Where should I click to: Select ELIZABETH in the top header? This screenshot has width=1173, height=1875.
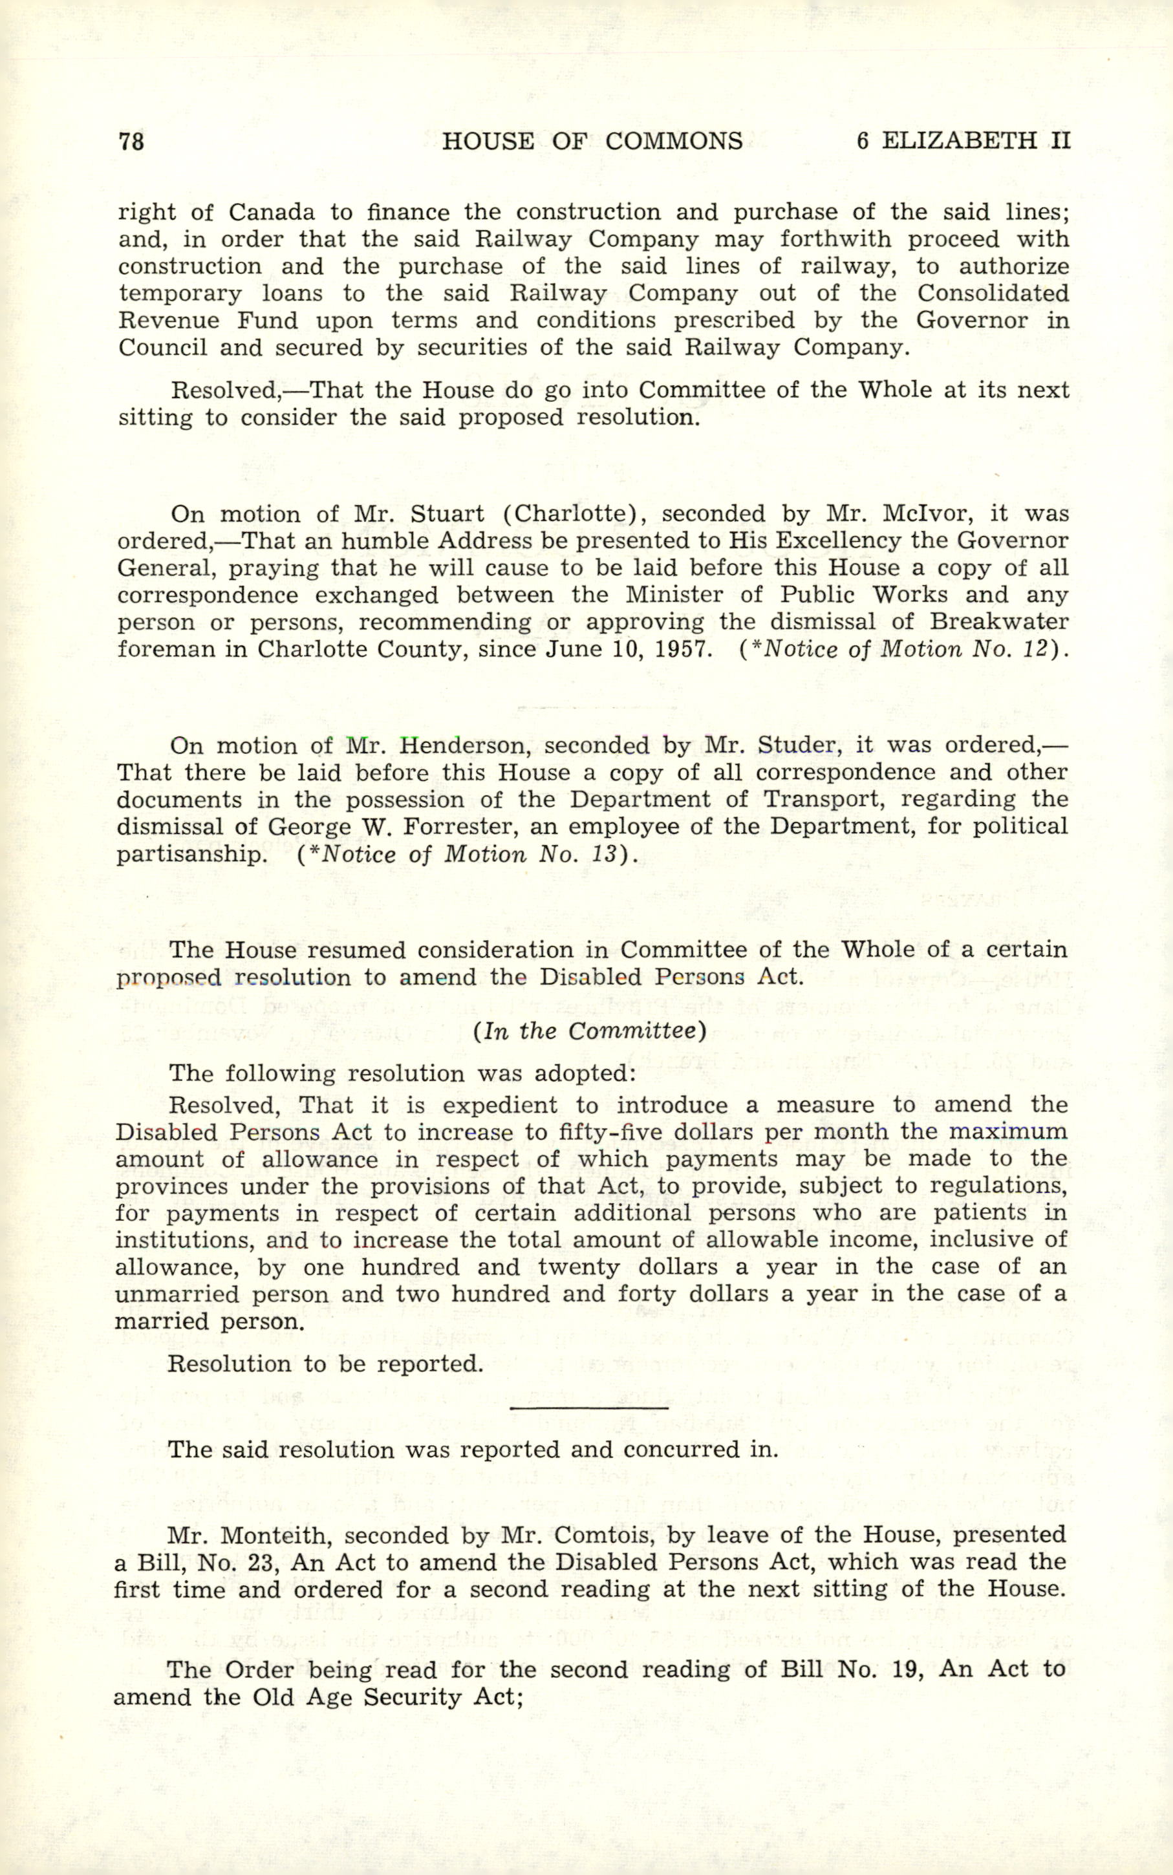click(960, 141)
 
